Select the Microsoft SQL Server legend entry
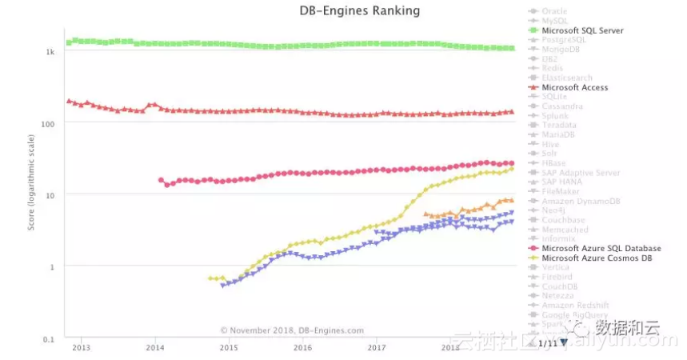coord(582,30)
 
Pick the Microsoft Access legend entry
coord(574,87)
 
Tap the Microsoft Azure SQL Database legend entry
coord(601,248)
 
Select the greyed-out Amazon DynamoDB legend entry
coord(579,201)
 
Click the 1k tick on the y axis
coord(50,52)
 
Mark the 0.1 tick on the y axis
coord(49,338)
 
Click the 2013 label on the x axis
coord(81,348)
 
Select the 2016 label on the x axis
coord(302,348)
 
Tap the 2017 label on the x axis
coord(376,348)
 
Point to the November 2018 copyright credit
coord(292,330)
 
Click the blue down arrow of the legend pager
coord(564,342)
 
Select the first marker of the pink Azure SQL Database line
coord(161,180)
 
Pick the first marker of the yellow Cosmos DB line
coord(210,278)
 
